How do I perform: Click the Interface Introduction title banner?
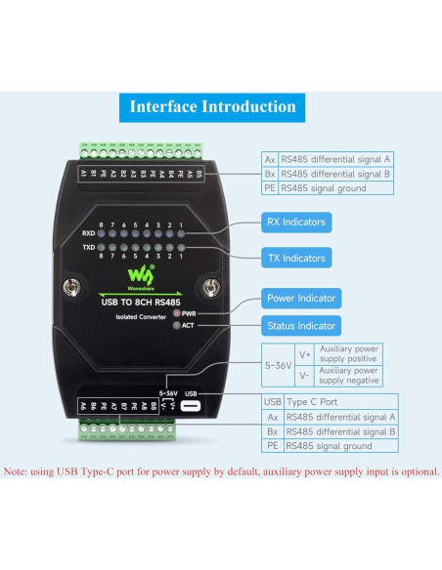(x=212, y=107)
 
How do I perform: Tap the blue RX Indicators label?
(x=296, y=223)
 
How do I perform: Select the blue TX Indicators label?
(x=296, y=258)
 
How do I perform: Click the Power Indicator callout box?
(x=301, y=299)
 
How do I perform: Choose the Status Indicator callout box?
(x=301, y=325)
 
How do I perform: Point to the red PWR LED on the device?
(x=176, y=313)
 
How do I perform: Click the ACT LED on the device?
(x=176, y=325)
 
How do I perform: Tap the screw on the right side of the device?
(x=210, y=288)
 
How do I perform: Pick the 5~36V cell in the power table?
(x=277, y=365)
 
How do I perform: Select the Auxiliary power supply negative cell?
(x=350, y=376)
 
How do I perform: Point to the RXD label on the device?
(x=87, y=234)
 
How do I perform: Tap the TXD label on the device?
(x=87, y=250)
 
